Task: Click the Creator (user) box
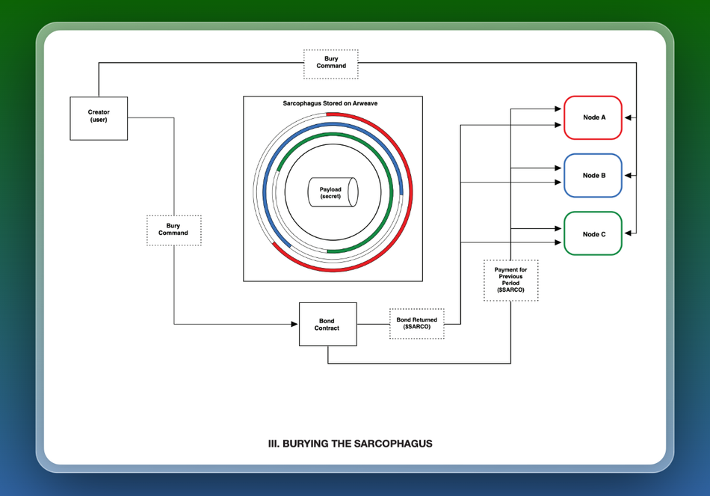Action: (x=99, y=118)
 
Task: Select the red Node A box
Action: (x=593, y=117)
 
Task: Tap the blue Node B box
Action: (x=593, y=176)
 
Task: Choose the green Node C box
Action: (x=593, y=233)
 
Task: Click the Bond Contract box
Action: (x=327, y=324)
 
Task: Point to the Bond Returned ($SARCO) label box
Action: (x=416, y=324)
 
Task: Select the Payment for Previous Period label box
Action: (x=510, y=280)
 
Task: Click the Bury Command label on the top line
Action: (x=331, y=64)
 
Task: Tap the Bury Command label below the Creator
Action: (x=173, y=230)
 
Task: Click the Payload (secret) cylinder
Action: (x=332, y=192)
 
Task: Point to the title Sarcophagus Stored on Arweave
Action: (x=333, y=103)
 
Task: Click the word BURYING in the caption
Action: (x=307, y=444)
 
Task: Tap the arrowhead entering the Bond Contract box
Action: (x=294, y=324)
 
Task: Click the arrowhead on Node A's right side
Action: (x=627, y=117)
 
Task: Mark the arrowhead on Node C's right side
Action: (x=627, y=233)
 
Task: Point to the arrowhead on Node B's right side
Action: (x=627, y=176)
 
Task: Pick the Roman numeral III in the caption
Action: (x=274, y=444)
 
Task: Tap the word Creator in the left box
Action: (x=99, y=112)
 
